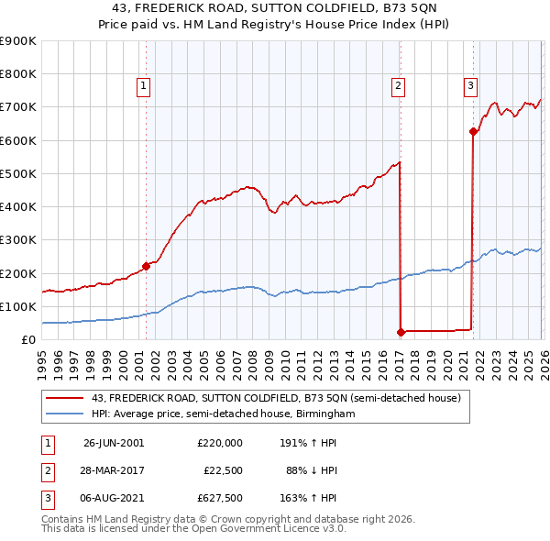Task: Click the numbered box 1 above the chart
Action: (x=145, y=87)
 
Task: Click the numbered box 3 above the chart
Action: (x=470, y=87)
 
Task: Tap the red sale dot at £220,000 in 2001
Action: (x=146, y=266)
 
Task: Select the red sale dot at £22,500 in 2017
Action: (x=401, y=332)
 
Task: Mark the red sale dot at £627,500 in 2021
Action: (x=473, y=131)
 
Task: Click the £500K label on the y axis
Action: (x=18, y=173)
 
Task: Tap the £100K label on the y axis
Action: (x=18, y=306)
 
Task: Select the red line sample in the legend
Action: (x=67, y=398)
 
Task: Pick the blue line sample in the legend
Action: (x=67, y=414)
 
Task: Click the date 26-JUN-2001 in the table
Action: (x=114, y=442)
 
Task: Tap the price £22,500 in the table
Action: (x=222, y=470)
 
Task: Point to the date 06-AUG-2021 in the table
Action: (x=114, y=499)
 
